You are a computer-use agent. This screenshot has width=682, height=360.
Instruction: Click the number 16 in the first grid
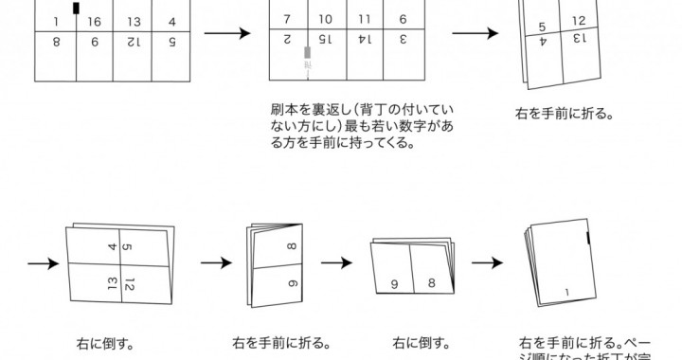(x=93, y=21)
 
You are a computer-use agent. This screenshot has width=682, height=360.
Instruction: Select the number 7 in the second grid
(x=286, y=18)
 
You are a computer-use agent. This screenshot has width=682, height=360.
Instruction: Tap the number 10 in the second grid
(x=325, y=18)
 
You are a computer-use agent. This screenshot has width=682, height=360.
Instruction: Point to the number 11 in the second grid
(x=365, y=18)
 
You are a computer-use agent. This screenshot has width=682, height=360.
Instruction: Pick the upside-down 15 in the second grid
(x=325, y=41)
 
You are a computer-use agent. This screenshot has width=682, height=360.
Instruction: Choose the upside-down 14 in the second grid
(x=365, y=41)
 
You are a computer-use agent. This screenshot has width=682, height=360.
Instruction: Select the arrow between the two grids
(x=227, y=33)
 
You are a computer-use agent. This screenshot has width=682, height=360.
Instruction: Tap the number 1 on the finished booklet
(x=566, y=292)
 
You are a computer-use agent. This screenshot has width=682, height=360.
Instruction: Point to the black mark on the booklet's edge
(x=589, y=239)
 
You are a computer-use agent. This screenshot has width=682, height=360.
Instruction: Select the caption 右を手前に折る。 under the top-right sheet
(x=563, y=113)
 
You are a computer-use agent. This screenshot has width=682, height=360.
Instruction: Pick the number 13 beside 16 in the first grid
(x=134, y=21)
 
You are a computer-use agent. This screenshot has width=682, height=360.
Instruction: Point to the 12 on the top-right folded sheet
(x=579, y=21)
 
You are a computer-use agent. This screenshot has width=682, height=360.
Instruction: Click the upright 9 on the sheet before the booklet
(x=392, y=282)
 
